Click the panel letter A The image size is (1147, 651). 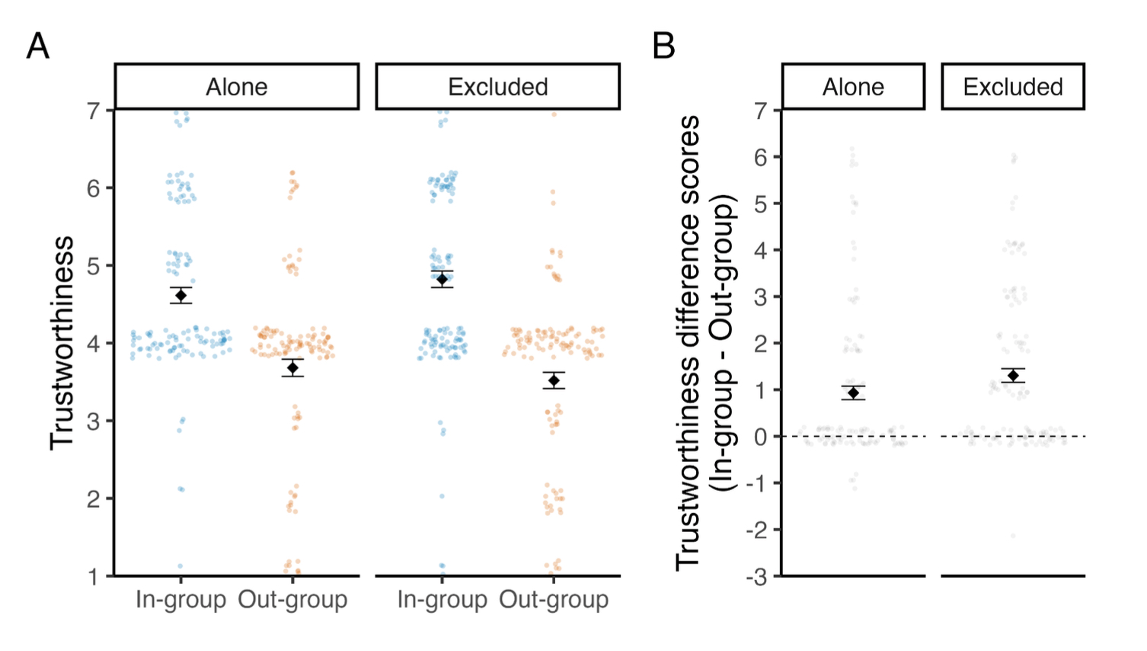[38, 46]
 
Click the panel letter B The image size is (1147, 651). [663, 46]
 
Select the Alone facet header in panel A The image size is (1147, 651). [237, 87]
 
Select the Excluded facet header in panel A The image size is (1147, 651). [497, 87]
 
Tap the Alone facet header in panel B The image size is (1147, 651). [853, 87]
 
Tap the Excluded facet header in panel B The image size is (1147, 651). [1012, 87]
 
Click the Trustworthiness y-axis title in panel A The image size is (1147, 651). [62, 343]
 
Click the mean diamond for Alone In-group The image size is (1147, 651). [181, 296]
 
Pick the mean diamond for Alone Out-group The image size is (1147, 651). [292, 368]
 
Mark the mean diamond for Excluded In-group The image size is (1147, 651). [442, 280]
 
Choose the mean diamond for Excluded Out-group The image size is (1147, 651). [554, 380]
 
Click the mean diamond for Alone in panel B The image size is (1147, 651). [854, 393]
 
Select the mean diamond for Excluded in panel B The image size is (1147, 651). [1013, 376]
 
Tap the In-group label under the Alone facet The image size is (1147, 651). [181, 600]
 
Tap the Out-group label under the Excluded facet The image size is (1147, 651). [554, 600]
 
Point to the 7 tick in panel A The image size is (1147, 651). [94, 111]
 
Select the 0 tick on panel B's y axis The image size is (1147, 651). [761, 437]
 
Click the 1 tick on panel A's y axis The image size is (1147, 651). [94, 577]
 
